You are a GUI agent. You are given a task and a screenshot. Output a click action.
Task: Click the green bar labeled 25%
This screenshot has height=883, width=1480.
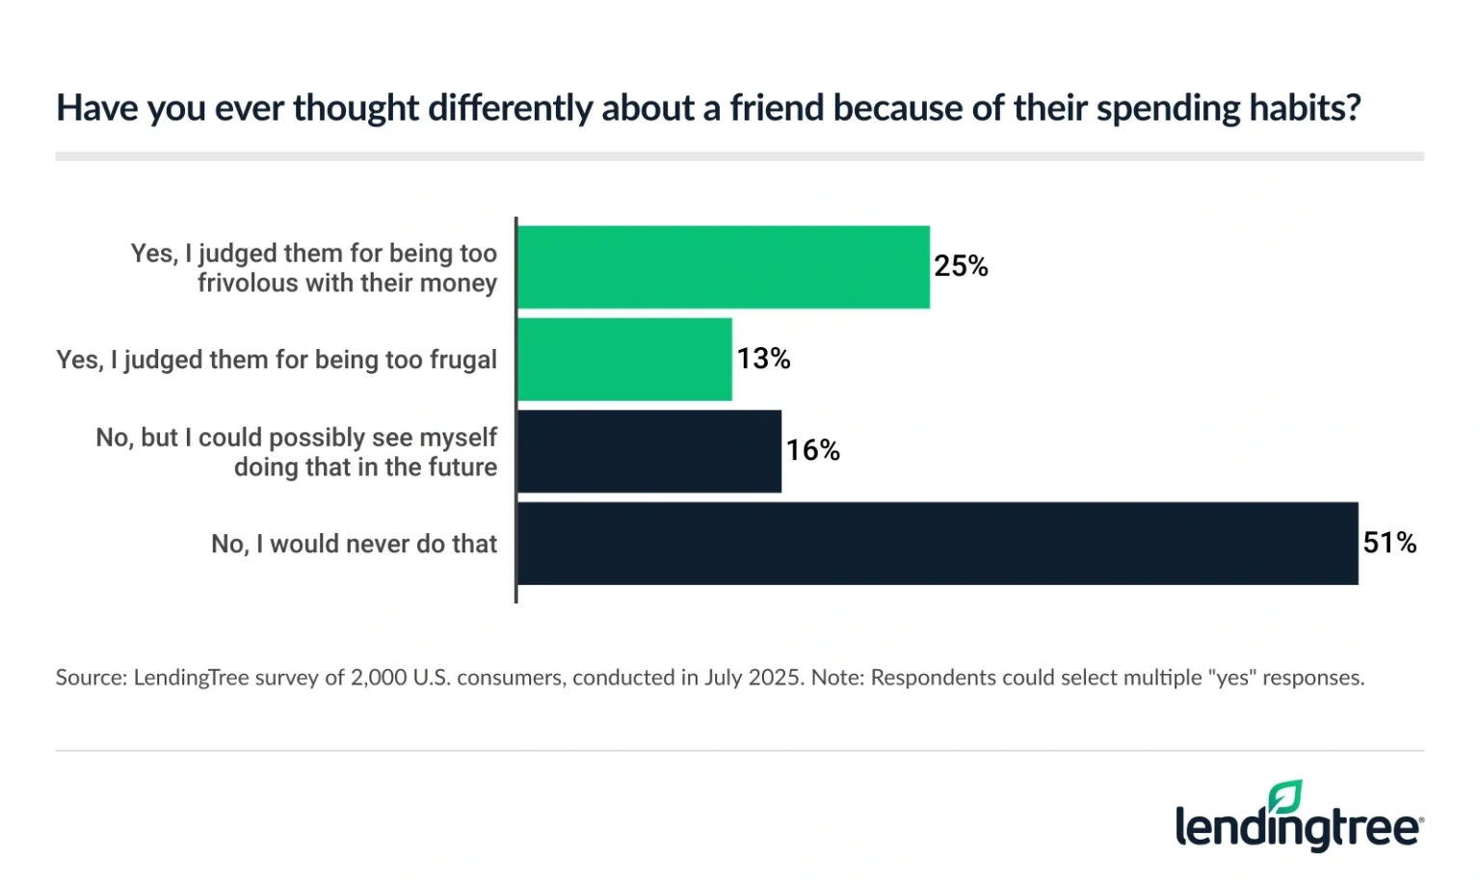pos(723,267)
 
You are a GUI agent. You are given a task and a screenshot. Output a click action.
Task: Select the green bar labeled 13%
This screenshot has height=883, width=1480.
pos(624,360)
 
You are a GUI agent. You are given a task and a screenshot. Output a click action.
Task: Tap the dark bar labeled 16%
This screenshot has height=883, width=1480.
pos(648,451)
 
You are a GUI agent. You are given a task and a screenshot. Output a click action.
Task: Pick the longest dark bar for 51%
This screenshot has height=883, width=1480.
pos(938,544)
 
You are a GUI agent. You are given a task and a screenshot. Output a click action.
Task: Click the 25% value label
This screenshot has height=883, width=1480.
pos(961,266)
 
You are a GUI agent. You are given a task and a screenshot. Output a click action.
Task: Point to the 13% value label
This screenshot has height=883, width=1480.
pos(763,359)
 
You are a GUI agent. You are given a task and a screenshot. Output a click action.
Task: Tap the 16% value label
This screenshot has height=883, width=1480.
pos(812,450)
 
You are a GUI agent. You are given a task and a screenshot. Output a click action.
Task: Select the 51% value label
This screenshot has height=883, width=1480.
pos(1388,543)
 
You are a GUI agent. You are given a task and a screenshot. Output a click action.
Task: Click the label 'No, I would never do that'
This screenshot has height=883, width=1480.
pos(354,545)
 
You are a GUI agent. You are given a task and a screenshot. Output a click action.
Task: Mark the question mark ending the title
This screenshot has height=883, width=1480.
pos(1354,108)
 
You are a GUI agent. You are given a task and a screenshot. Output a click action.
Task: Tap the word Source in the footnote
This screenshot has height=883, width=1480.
pos(90,678)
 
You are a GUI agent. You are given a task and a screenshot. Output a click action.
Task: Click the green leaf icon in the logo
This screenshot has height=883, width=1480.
pos(1285,798)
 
